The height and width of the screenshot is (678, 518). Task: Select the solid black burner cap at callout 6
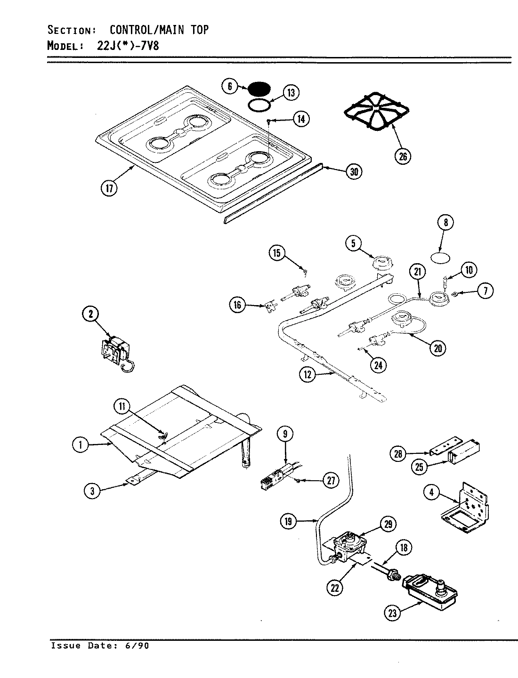(259, 88)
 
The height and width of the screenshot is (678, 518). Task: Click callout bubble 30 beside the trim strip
(354, 172)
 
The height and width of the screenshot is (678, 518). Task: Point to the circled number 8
(445, 222)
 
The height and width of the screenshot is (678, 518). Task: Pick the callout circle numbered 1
(81, 444)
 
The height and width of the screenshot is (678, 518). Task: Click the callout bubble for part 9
(285, 434)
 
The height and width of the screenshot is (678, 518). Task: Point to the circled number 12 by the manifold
(308, 374)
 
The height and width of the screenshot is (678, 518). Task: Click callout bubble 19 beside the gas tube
(288, 521)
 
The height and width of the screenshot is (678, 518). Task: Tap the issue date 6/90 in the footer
(138, 646)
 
